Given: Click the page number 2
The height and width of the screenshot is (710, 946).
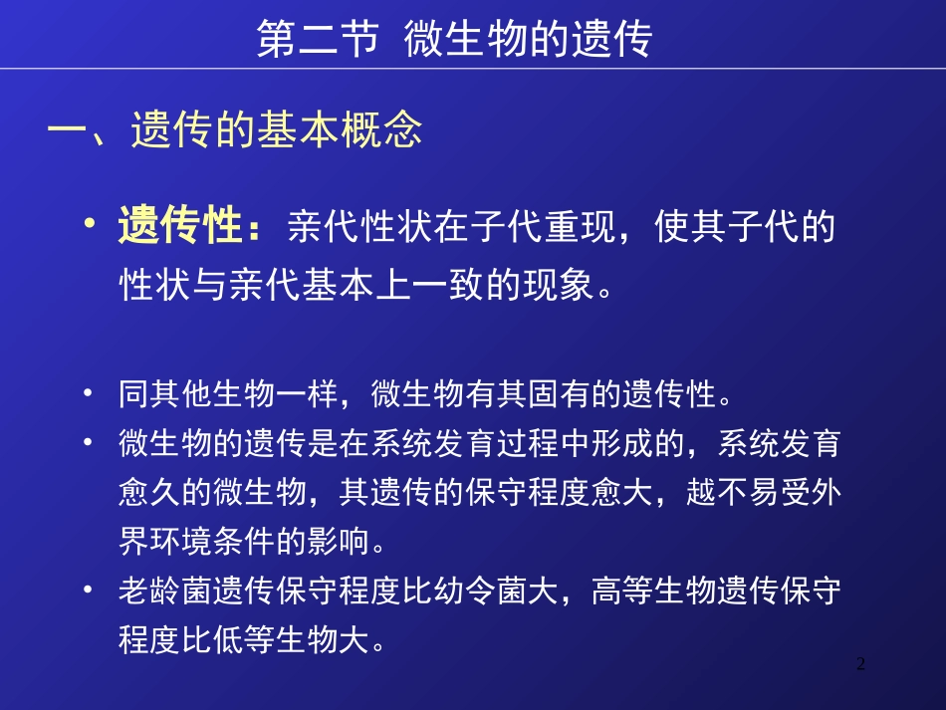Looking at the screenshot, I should [x=861, y=664].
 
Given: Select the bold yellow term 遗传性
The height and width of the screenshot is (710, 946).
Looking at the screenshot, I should [x=181, y=228].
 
